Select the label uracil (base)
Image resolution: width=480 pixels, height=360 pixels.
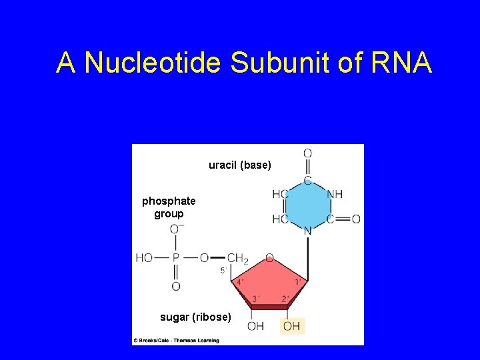(240, 165)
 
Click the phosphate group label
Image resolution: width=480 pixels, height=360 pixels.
(169, 207)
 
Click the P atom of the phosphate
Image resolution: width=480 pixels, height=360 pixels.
(176, 257)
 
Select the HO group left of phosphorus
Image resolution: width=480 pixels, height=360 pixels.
(145, 257)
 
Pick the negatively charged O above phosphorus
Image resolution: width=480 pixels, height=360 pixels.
(177, 229)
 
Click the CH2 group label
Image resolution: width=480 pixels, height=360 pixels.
(237, 258)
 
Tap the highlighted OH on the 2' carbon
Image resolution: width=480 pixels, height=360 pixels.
(292, 326)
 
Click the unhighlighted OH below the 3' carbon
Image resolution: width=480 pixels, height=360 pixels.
(255, 326)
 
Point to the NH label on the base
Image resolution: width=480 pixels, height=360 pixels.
(335, 194)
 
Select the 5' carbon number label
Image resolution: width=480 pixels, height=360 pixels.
(224, 271)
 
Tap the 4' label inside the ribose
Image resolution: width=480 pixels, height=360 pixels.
(240, 283)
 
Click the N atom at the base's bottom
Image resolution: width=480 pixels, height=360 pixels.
(307, 231)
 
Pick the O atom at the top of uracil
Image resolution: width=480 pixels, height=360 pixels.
(307, 153)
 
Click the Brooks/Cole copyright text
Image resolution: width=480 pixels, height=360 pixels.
(177, 341)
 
